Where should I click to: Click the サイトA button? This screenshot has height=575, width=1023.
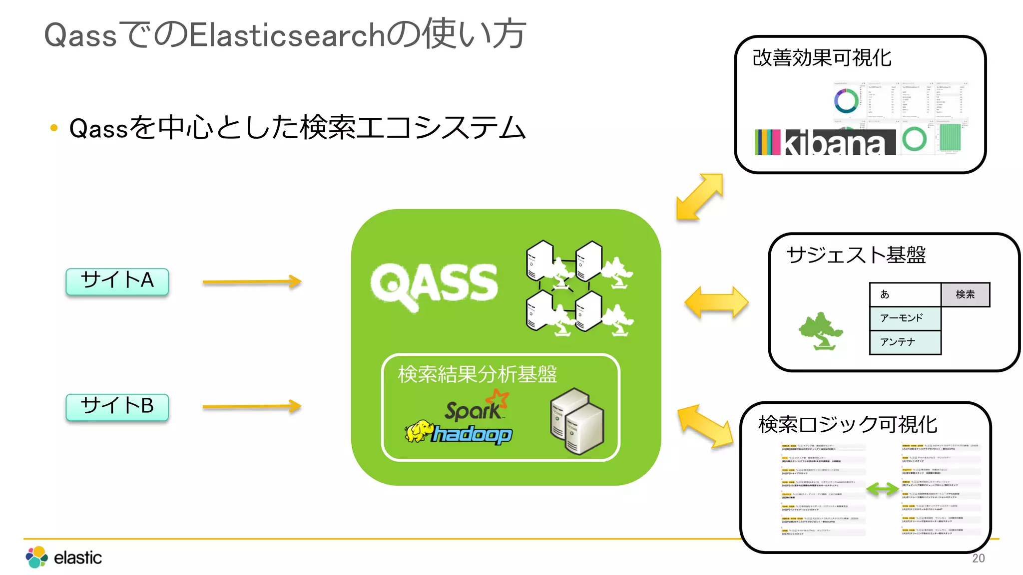coord(117,281)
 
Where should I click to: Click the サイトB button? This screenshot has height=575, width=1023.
coord(117,407)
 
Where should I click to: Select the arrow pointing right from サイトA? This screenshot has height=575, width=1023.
coord(252,282)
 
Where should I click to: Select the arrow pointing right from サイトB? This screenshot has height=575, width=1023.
coord(252,406)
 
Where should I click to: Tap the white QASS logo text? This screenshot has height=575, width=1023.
coord(434,285)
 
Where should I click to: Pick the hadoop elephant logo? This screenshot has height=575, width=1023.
coord(419,432)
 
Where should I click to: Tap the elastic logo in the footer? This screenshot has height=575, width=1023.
coord(64,557)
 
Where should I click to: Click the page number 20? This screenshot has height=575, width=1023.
coord(978,559)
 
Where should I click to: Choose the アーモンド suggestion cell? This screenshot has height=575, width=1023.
coord(905,318)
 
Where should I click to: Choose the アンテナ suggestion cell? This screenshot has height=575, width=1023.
coord(905,342)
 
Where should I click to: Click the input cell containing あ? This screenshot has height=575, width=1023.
coord(905,294)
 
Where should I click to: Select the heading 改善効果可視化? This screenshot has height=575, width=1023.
coord(822,58)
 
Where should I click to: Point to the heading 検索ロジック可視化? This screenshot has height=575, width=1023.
coord(848,424)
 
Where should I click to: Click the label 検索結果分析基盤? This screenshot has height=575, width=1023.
coord(477,374)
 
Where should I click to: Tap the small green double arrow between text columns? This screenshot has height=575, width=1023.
coord(883,489)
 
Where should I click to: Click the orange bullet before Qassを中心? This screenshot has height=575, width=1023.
coord(54,128)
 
